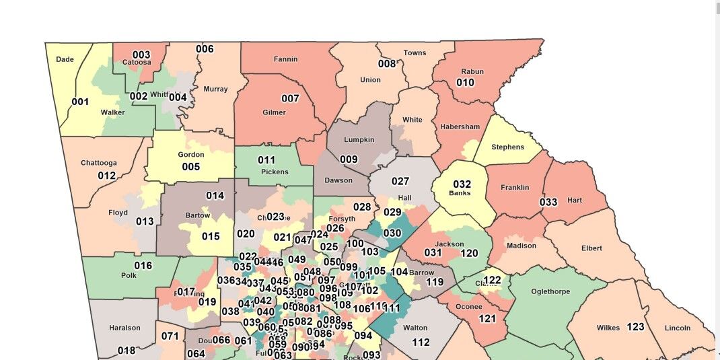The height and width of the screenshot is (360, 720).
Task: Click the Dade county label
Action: point(65,59)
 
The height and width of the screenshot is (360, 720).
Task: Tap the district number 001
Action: point(80,102)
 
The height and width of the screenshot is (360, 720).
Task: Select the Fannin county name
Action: point(285,59)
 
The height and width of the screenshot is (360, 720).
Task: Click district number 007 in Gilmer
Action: point(290,98)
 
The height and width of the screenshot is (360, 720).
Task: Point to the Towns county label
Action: point(415,53)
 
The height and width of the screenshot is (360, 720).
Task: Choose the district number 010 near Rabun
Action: point(465,83)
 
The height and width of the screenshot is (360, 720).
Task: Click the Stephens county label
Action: point(507,147)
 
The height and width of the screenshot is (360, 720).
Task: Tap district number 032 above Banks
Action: point(462,184)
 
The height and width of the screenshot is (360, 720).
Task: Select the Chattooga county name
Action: point(98,163)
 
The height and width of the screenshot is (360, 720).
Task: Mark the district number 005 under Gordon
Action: point(190,166)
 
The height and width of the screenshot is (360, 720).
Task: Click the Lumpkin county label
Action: point(359,139)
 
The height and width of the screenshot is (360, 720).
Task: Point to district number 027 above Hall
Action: point(400,181)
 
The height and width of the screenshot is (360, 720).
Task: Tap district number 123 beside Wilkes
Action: point(635,327)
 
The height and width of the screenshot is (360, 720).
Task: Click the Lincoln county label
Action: point(677,328)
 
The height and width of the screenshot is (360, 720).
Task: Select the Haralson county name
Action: point(124,328)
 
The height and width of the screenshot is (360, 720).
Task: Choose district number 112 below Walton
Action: point(421,342)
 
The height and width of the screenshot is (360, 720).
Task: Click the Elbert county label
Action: point(591,248)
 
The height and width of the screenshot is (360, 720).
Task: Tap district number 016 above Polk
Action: point(143,265)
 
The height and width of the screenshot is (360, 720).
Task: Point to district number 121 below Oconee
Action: point(487,318)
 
